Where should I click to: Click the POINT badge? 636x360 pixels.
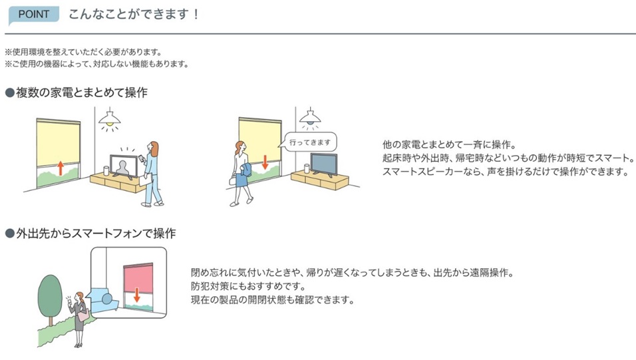[x=34, y=14]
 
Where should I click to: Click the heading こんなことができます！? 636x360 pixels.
[x=134, y=14]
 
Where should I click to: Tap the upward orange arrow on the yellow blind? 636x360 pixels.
[x=60, y=166]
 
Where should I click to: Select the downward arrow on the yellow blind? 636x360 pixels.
[x=264, y=162]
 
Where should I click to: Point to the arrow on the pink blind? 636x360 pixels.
[x=136, y=293]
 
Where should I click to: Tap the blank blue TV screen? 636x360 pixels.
[x=324, y=163]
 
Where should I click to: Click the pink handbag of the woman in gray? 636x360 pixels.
[x=83, y=315]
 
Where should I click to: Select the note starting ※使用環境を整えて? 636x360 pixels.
[x=83, y=52]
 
